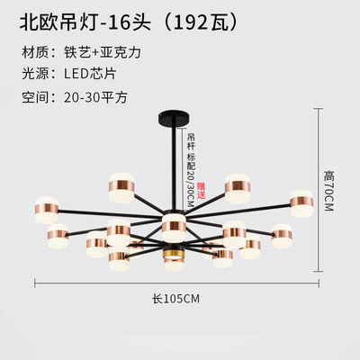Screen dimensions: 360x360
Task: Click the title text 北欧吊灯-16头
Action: (85, 22)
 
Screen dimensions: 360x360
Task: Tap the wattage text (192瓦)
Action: (200, 22)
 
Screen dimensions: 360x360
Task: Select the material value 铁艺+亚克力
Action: (103, 52)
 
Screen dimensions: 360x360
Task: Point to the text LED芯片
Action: (90, 74)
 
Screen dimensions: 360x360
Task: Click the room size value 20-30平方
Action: (95, 97)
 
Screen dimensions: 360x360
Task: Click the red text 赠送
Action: (202, 191)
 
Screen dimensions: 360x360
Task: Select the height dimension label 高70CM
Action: (328, 191)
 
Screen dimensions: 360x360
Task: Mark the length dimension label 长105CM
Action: (175, 299)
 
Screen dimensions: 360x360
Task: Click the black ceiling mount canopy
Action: (174, 119)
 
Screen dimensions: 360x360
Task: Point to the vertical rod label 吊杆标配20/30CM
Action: (191, 170)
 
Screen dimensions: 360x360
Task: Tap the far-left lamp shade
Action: (46, 210)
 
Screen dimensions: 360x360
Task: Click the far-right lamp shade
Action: (301, 202)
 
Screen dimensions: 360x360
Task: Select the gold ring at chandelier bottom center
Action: (174, 255)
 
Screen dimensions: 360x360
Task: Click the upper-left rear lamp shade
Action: (121, 187)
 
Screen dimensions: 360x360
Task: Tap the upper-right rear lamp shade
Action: (238, 188)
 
